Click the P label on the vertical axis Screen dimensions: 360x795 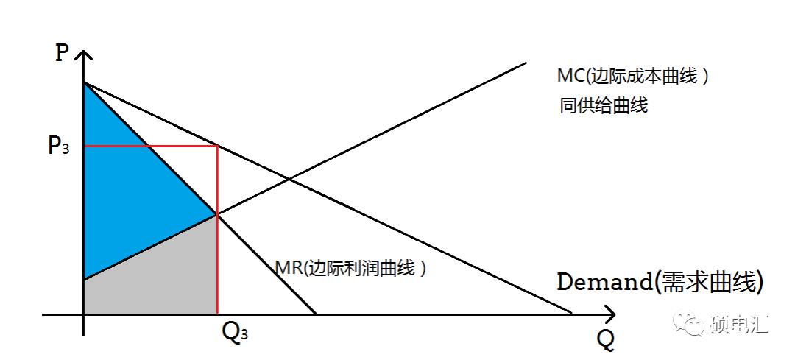(x=62, y=54)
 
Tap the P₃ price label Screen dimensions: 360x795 (x=59, y=146)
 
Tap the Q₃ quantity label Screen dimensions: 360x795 (x=234, y=333)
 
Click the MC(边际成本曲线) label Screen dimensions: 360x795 (x=633, y=76)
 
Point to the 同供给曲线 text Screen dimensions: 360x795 (x=604, y=105)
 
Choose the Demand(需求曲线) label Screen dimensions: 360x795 (x=660, y=282)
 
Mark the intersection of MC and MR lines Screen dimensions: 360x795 (x=216, y=215)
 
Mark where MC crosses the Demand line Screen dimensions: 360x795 (x=288, y=180)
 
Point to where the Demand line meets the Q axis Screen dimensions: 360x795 (x=571, y=314)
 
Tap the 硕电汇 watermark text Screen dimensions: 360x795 (x=739, y=324)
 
